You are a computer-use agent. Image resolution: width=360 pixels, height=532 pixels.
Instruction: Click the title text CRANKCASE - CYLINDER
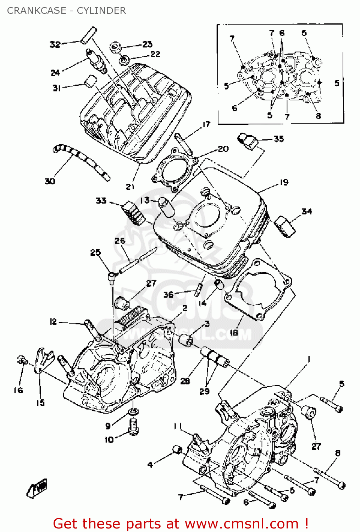tap(66, 11)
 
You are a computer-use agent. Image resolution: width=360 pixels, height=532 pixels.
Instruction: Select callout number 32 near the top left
tap(55, 44)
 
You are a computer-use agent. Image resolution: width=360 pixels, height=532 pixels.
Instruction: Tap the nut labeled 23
tap(115, 47)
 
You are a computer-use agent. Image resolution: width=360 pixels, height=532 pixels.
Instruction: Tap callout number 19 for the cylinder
tap(284, 182)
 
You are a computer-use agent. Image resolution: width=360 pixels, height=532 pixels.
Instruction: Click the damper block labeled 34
tap(284, 226)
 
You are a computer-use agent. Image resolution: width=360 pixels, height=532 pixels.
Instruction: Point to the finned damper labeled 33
tap(133, 213)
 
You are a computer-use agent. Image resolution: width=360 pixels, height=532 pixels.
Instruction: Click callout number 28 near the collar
tap(185, 381)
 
